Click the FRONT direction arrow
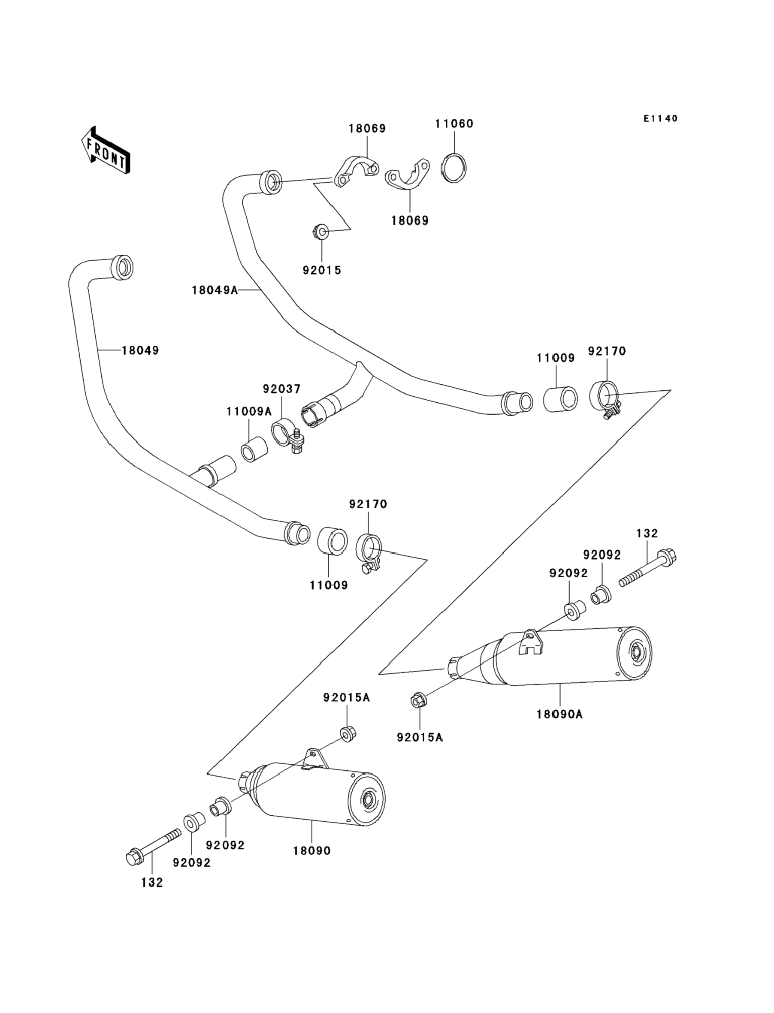point(106,151)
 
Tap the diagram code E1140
point(661,119)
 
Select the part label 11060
point(454,124)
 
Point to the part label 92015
point(322,270)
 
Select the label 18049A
point(215,290)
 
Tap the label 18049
point(140,350)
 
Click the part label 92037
point(281,389)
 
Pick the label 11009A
point(249,412)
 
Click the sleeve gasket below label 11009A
point(254,449)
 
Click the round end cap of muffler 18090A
point(635,652)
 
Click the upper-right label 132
point(647,533)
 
